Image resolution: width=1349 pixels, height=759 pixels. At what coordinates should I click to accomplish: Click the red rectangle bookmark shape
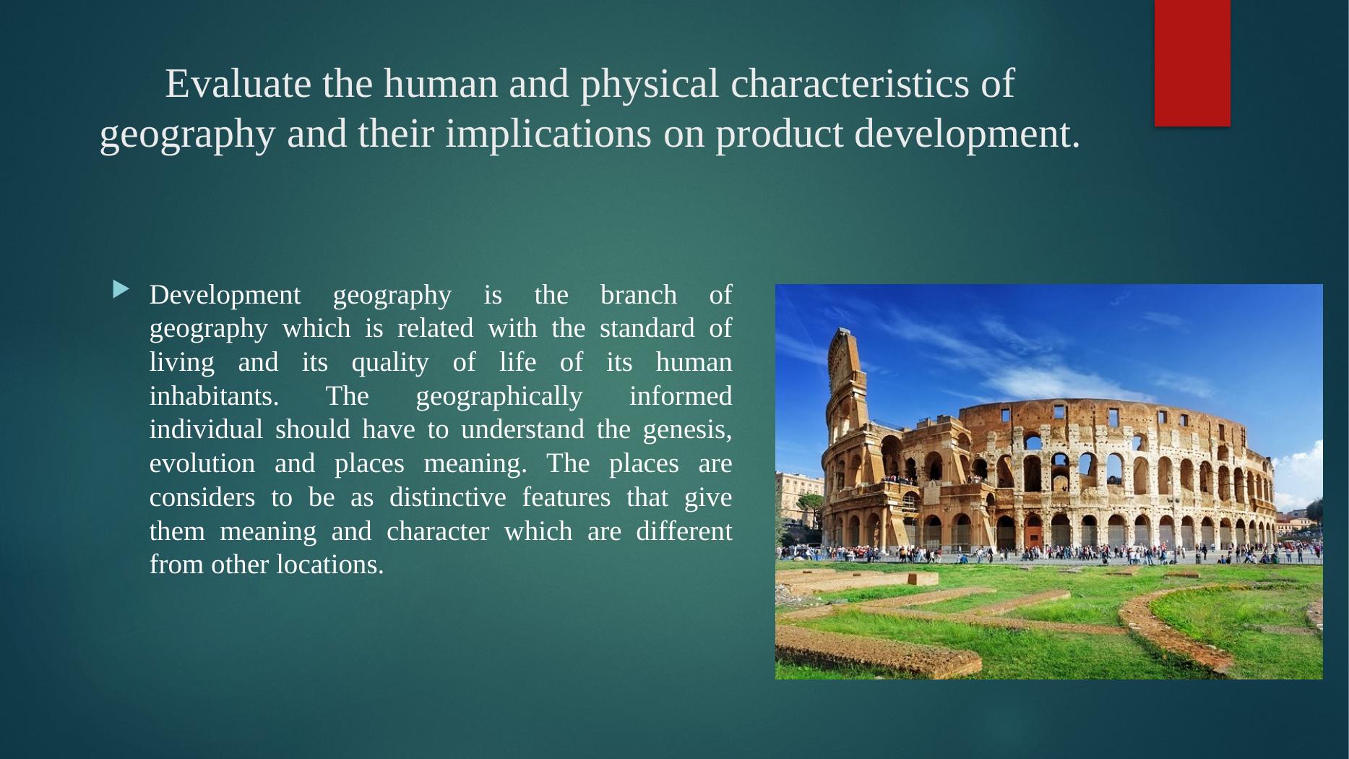click(x=1192, y=63)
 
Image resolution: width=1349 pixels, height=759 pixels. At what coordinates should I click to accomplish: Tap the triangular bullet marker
click(x=121, y=291)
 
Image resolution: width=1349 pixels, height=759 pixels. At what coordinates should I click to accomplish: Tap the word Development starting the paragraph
click(x=225, y=296)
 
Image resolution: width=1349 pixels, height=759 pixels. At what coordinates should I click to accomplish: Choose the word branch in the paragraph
click(x=639, y=296)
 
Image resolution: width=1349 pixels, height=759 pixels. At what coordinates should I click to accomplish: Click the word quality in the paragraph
click(x=390, y=363)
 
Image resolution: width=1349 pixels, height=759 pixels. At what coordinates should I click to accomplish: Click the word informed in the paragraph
click(x=681, y=396)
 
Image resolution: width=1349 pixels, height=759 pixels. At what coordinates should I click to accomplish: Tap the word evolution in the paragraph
click(x=202, y=463)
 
